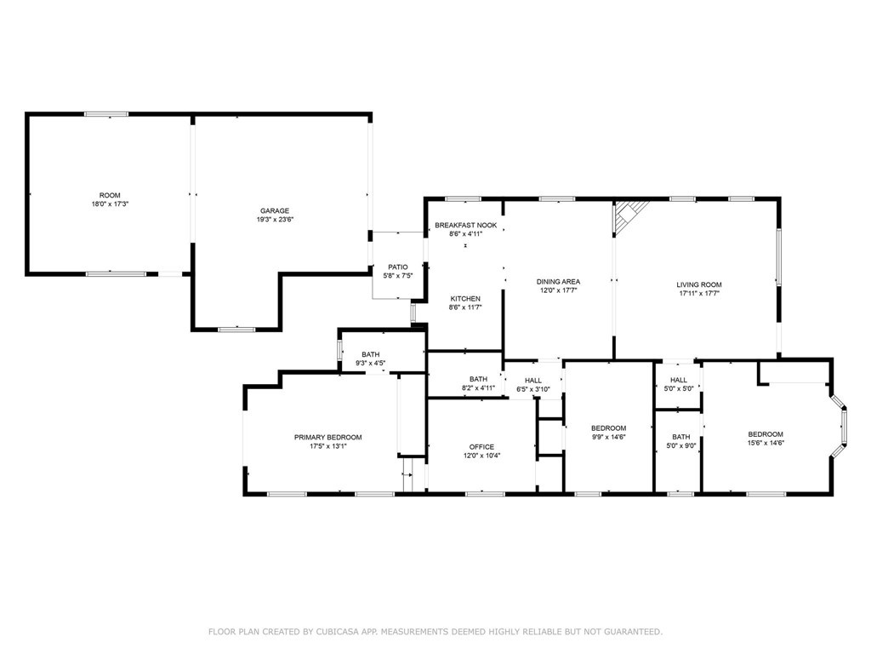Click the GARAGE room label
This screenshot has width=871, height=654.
coord(275,210)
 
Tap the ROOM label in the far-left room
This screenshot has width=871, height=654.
coord(110,195)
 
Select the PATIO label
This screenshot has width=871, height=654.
coord(399,267)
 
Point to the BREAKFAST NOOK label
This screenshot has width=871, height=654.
coord(465,225)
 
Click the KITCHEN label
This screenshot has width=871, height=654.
coord(465,299)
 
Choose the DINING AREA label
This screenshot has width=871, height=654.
coord(558,282)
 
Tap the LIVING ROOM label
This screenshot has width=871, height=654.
coord(699,285)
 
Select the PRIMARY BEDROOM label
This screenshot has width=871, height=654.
coord(327,437)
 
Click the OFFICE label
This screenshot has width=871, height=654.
coord(481,446)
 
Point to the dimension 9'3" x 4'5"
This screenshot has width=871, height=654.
coord(371,364)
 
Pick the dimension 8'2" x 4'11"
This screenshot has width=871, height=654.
coord(478,388)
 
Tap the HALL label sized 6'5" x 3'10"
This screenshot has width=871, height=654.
coord(533,381)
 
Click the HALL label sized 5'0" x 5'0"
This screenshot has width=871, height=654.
coord(678,380)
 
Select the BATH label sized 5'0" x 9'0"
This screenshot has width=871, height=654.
coord(680,437)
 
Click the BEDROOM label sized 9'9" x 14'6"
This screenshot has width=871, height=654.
coord(609,427)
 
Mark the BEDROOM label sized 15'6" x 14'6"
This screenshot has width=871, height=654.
coord(766,434)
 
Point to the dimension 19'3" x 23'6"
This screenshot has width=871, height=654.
coord(275,220)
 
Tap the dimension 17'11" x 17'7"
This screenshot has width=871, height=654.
coord(699,295)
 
